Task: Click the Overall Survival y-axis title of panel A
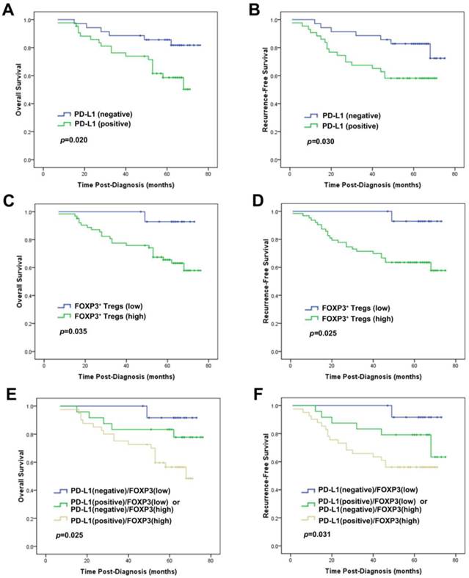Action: [20, 88]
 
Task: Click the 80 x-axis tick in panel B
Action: [454, 176]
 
